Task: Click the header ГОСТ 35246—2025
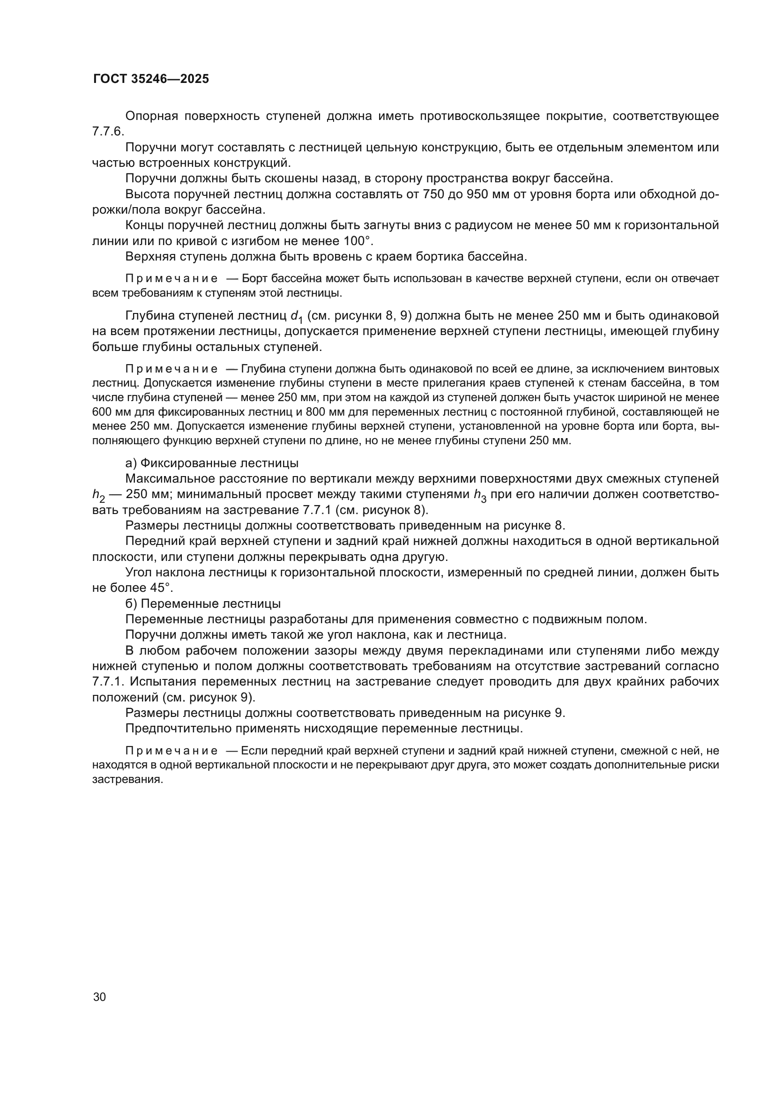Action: tap(151, 79)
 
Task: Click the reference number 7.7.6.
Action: tap(108, 132)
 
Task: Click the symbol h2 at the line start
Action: tap(98, 495)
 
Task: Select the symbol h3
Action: tap(480, 495)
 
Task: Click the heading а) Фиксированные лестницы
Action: tap(212, 463)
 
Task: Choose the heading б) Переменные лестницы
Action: tap(203, 604)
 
